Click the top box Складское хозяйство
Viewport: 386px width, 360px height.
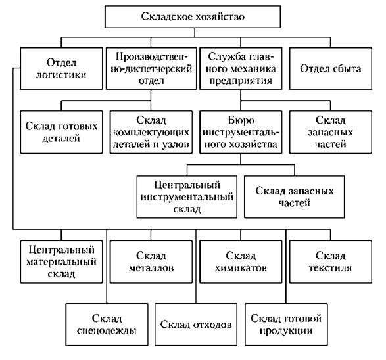[193, 16]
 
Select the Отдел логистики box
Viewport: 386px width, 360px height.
[61, 68]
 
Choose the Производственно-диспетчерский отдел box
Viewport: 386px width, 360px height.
[151, 68]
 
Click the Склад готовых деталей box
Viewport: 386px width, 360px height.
[61, 132]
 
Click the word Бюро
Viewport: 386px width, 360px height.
[241, 120]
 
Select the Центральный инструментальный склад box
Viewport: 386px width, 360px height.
[187, 196]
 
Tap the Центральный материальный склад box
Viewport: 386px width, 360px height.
[61, 261]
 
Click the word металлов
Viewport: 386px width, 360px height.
[151, 268]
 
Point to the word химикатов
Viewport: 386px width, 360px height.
[241, 268]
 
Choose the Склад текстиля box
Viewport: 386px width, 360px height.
[331, 261]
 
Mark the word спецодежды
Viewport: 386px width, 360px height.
[107, 330]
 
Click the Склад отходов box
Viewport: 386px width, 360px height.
[196, 325]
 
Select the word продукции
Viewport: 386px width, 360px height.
[286, 331]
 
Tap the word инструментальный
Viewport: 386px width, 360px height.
[187, 197]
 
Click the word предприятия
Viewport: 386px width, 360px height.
[241, 81]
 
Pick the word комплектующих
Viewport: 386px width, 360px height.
[151, 132]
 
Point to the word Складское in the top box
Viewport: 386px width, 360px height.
[166, 16]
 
